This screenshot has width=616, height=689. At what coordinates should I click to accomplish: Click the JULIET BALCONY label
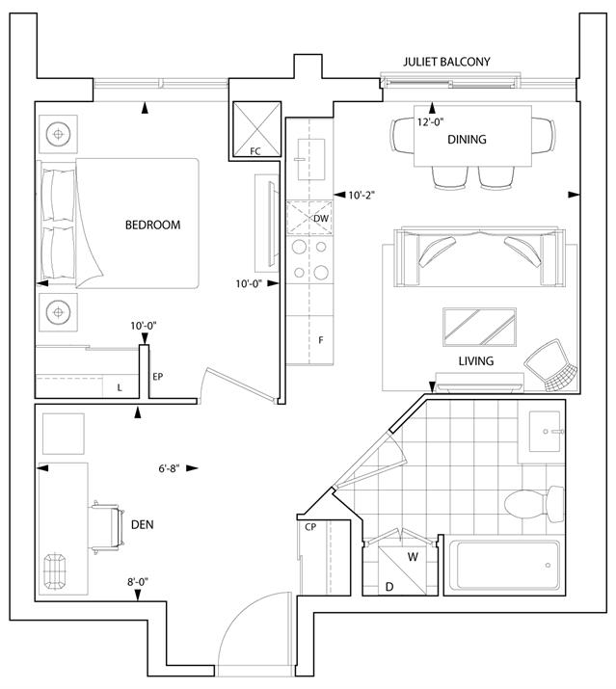(446, 62)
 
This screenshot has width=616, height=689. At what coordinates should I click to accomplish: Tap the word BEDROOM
(152, 225)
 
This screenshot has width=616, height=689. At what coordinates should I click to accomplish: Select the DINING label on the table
(467, 140)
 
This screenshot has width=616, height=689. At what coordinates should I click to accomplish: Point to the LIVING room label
(476, 361)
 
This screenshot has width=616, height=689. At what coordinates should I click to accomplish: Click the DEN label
(143, 524)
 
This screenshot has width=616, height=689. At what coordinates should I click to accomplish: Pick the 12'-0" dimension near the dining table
(431, 122)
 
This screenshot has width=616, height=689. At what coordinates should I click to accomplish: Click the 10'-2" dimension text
(362, 195)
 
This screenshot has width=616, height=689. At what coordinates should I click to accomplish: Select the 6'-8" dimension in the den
(170, 468)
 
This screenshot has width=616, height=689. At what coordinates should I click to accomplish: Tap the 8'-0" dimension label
(138, 582)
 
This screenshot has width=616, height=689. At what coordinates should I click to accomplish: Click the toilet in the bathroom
(534, 504)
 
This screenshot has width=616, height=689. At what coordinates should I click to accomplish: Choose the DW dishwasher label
(321, 219)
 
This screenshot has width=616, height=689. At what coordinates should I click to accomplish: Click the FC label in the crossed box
(255, 151)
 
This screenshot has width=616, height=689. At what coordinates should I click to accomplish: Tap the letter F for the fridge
(320, 340)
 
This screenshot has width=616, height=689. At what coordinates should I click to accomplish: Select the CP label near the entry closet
(310, 527)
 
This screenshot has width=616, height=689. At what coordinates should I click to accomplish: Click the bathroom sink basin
(545, 432)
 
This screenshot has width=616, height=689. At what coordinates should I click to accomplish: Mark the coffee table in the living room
(479, 327)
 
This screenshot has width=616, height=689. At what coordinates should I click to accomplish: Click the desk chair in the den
(107, 527)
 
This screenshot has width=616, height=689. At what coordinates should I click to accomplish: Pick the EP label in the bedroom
(158, 377)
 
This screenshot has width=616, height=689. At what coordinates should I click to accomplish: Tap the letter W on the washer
(413, 557)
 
